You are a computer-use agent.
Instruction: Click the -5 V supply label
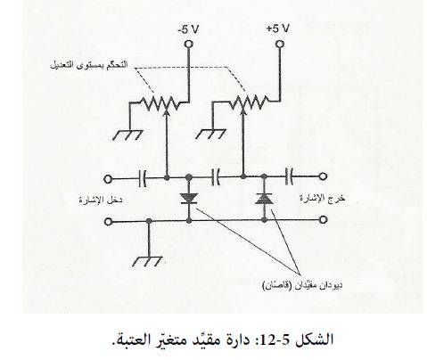coord(188,29)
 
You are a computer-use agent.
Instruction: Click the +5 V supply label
coord(278,29)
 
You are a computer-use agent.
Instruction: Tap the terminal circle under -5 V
coord(188,44)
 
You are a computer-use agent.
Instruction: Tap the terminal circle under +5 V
coord(279,45)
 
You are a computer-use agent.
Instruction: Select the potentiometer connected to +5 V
coord(249,102)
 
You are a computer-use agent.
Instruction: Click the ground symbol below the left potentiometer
coord(128,135)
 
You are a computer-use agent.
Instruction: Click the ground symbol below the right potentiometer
coord(210,134)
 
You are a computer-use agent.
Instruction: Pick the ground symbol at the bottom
coord(148,261)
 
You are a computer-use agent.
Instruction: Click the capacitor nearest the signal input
coord(143,178)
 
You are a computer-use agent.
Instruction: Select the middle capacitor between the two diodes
coord(216,177)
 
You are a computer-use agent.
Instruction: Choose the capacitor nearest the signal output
coord(289,176)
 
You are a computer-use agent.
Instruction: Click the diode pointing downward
coord(189,199)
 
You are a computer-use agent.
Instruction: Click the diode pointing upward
coord(264,198)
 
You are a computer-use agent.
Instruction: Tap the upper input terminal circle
coord(108,179)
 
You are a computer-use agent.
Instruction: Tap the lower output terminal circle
coord(324,220)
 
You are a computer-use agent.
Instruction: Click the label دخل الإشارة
coord(101,200)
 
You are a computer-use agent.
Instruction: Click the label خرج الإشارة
coord(323,198)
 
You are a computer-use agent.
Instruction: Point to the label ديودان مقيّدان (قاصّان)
coord(302,285)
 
